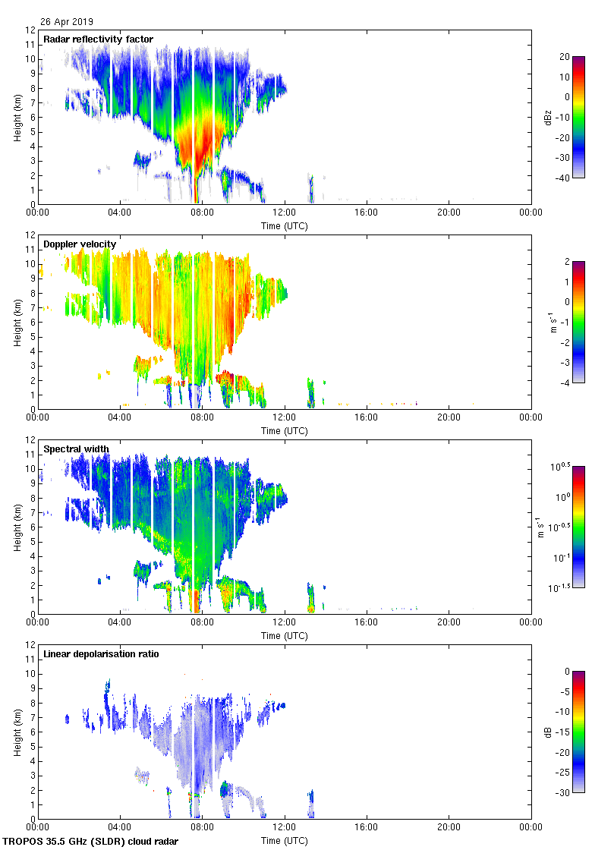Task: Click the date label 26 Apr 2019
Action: point(68,22)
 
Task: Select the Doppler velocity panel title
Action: point(80,244)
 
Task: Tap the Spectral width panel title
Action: point(76,449)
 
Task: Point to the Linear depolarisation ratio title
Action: point(101,654)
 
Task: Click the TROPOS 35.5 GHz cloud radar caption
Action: point(91,842)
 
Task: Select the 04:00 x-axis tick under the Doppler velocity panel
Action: point(120,417)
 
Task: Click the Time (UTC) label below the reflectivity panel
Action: point(285,225)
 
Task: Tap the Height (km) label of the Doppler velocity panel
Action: point(17,322)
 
